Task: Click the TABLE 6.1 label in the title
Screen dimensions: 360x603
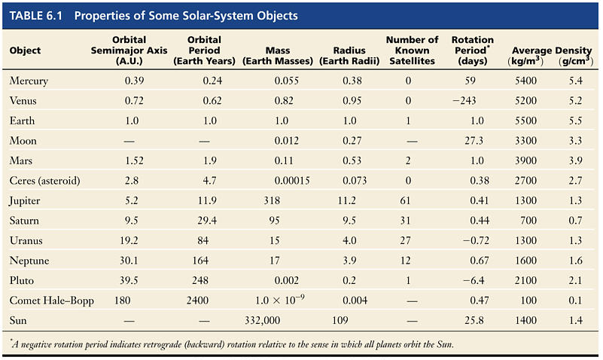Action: (37, 16)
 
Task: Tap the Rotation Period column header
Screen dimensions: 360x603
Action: (472, 50)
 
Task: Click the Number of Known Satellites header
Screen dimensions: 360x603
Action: (412, 50)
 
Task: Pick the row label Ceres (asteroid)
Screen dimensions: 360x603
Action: (46, 181)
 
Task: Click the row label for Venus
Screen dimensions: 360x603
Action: (23, 100)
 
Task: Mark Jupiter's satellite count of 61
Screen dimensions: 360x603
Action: (408, 201)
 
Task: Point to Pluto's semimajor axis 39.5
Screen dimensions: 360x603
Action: (133, 281)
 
